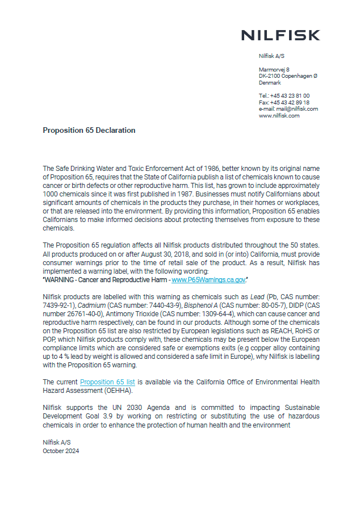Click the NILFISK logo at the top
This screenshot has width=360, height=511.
pyautogui.click(x=280, y=35)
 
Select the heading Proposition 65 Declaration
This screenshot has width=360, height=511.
pyautogui.click(x=89, y=130)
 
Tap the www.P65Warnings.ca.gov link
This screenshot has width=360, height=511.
pyautogui.click(x=208, y=280)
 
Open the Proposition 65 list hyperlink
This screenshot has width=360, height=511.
pyautogui.click(x=107, y=383)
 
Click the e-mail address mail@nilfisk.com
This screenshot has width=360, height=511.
pyautogui.click(x=297, y=108)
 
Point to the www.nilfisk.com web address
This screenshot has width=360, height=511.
pyautogui.click(x=279, y=115)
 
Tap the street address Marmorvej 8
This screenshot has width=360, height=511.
pyautogui.click(x=274, y=69)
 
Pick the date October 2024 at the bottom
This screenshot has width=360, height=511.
pyautogui.click(x=61, y=451)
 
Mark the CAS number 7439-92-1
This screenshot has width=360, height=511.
pyautogui.click(x=57, y=305)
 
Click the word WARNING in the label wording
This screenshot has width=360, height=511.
pyautogui.click(x=61, y=280)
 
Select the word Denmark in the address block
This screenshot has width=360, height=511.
pyautogui.click(x=270, y=83)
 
